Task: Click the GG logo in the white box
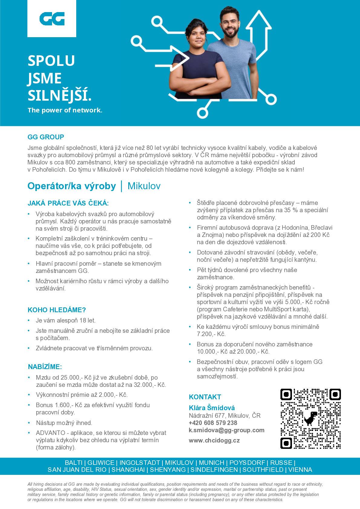pos(52,18)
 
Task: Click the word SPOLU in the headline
pos(51,60)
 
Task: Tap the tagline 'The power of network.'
pos(65,110)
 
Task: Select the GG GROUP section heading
pos(46,137)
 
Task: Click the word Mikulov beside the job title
pos(144,186)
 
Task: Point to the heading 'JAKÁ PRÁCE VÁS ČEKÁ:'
pos(68,203)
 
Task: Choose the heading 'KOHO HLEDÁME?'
pos(57,310)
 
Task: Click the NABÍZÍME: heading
pos(45,367)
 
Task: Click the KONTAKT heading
pos(205,397)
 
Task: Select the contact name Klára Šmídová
pos(212,408)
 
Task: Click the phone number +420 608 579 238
pos(213,423)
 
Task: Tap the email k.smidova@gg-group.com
pos(227,430)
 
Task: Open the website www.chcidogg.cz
pos(214,441)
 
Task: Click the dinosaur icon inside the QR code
pos(310,418)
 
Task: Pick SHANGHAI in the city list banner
pos(128,470)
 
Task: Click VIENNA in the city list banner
pos(300,470)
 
